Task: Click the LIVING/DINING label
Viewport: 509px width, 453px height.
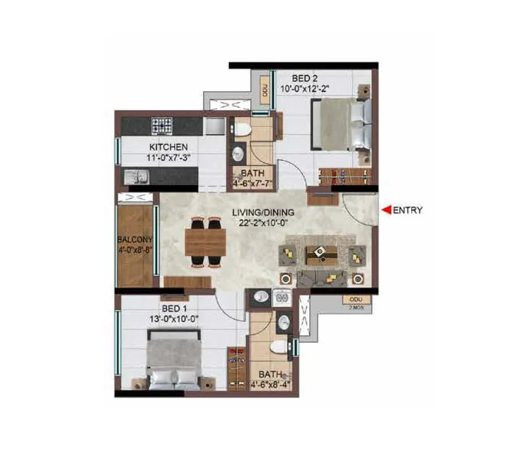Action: (262, 213)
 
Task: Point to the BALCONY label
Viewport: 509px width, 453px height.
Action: (135, 239)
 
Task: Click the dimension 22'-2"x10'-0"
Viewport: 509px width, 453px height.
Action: (262, 223)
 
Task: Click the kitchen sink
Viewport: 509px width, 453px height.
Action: (136, 177)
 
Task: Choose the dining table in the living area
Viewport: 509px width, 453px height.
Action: (205, 242)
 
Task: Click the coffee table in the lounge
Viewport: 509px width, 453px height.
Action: (320, 254)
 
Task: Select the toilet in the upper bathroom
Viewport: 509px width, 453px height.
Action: (243, 129)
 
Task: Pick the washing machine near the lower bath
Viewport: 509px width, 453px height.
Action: (281, 297)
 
